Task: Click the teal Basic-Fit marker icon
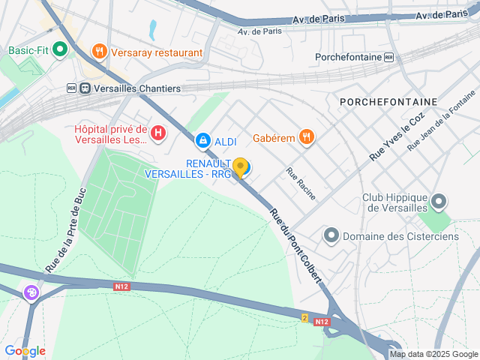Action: [60, 51]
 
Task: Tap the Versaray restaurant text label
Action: [157, 52]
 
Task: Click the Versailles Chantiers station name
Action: [131, 88]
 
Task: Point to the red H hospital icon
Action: [158, 134]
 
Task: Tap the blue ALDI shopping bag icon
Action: [202, 140]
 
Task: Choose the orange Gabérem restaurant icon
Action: [306, 136]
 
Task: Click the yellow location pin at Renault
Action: [240, 166]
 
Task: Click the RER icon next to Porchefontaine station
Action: [388, 57]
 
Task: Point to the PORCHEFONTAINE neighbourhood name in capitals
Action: [388, 101]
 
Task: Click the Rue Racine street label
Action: [301, 183]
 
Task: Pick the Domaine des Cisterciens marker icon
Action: [331, 236]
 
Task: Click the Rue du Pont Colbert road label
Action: [295, 244]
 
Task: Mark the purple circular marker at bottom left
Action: [32, 292]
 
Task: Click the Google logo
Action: [25, 351]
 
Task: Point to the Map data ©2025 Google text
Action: [433, 354]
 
